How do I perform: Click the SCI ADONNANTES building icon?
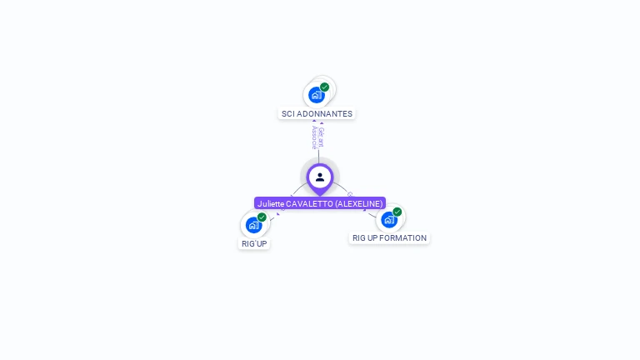point(316,95)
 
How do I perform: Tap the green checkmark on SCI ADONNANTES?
point(324,87)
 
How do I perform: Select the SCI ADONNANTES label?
point(317,113)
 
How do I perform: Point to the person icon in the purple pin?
point(320,177)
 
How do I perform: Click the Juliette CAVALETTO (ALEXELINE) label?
point(320,203)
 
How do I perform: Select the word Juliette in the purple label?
point(271,203)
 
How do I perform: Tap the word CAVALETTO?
point(309,203)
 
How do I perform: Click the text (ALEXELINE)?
point(359,203)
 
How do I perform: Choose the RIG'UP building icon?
point(253,225)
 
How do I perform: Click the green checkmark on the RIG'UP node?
point(262,217)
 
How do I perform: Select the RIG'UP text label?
point(254,243)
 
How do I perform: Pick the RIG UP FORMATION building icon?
point(389,220)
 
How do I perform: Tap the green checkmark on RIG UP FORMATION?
point(397,212)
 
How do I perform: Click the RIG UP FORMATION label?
point(389,238)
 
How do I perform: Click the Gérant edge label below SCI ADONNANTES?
point(322,137)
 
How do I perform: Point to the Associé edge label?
point(314,137)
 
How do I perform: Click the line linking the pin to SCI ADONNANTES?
point(318,154)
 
